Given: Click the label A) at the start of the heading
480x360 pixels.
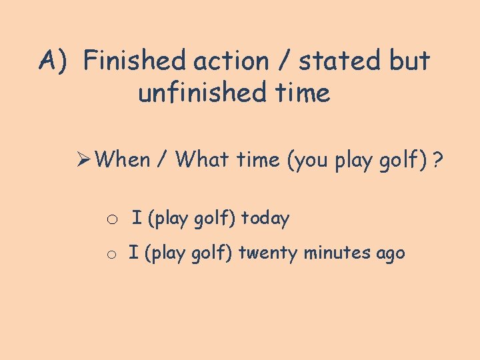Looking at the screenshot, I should (54, 61).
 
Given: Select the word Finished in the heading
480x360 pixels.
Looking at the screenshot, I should (135, 61).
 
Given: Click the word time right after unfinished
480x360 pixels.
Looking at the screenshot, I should (301, 93).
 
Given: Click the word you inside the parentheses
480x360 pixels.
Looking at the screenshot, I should (310, 160).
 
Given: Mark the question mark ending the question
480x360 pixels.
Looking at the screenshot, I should (437, 160).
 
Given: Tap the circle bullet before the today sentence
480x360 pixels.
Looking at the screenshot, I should (113, 219).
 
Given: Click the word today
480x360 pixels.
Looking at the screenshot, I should (265, 219).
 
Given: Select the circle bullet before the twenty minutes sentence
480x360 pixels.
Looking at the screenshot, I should (113, 255).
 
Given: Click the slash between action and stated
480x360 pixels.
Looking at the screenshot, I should (284, 61).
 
